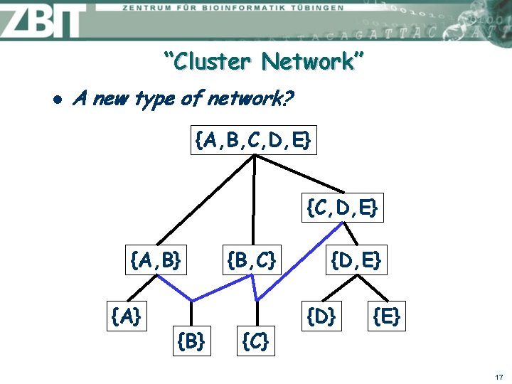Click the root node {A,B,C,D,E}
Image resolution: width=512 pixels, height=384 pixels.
252,141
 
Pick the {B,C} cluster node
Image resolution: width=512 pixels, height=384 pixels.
250,260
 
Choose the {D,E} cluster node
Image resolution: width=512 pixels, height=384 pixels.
356,260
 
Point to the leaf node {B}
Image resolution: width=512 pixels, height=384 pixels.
191,341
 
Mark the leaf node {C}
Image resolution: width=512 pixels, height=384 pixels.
255,341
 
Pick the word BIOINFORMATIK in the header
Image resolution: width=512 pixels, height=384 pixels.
225,8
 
